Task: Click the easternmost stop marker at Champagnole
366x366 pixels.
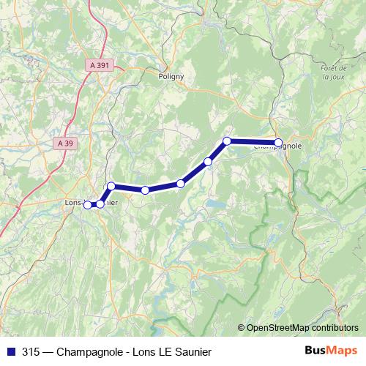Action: (x=278, y=142)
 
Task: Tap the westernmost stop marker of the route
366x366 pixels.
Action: (x=87, y=204)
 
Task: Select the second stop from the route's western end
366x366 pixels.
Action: (x=100, y=203)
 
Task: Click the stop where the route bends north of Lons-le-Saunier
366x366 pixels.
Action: (x=111, y=186)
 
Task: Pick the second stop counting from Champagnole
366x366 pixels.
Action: (x=227, y=141)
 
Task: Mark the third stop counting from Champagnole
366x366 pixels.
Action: (x=208, y=161)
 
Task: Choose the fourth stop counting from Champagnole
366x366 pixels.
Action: (x=180, y=183)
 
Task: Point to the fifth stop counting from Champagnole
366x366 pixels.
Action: (x=145, y=190)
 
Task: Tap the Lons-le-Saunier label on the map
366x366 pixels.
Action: (x=86, y=201)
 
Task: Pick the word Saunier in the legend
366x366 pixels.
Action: (x=189, y=351)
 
